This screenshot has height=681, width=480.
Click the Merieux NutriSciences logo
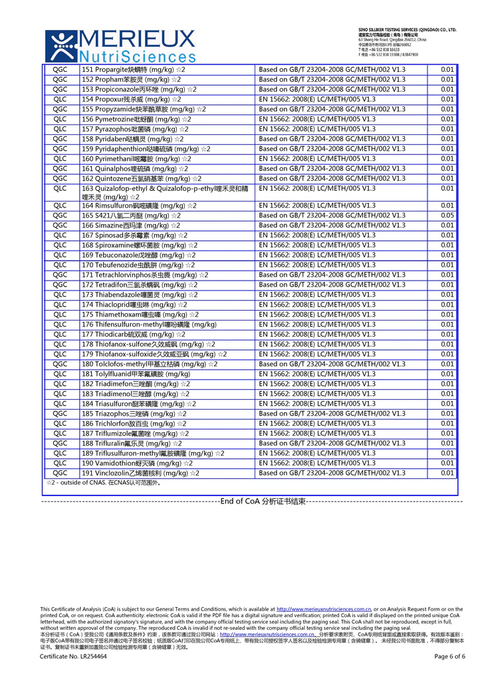pyautogui.click(x=120, y=45)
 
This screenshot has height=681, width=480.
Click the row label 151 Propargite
pyautogui.click(x=132, y=69)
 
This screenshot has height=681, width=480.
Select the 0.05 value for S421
pyautogui.click(x=447, y=215)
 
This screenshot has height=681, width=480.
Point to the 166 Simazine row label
pyautogui.click(x=131, y=225)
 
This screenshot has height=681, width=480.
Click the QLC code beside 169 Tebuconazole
pyautogui.click(x=60, y=255)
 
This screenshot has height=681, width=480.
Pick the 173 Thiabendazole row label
pyautogui.click(x=139, y=295)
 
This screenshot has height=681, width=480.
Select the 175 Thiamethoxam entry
pyautogui.click(x=140, y=315)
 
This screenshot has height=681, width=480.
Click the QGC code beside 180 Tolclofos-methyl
pyautogui.click(x=60, y=364)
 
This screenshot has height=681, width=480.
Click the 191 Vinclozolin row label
pyautogui.click(x=140, y=473)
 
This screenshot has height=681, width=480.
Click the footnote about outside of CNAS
pyautogui.click(x=103, y=483)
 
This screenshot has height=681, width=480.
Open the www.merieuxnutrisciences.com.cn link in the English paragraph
pyautogui.click(x=323, y=609)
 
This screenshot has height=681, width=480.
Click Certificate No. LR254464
pyautogui.click(x=73, y=656)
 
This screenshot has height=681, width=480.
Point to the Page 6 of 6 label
pyautogui.click(x=449, y=656)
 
